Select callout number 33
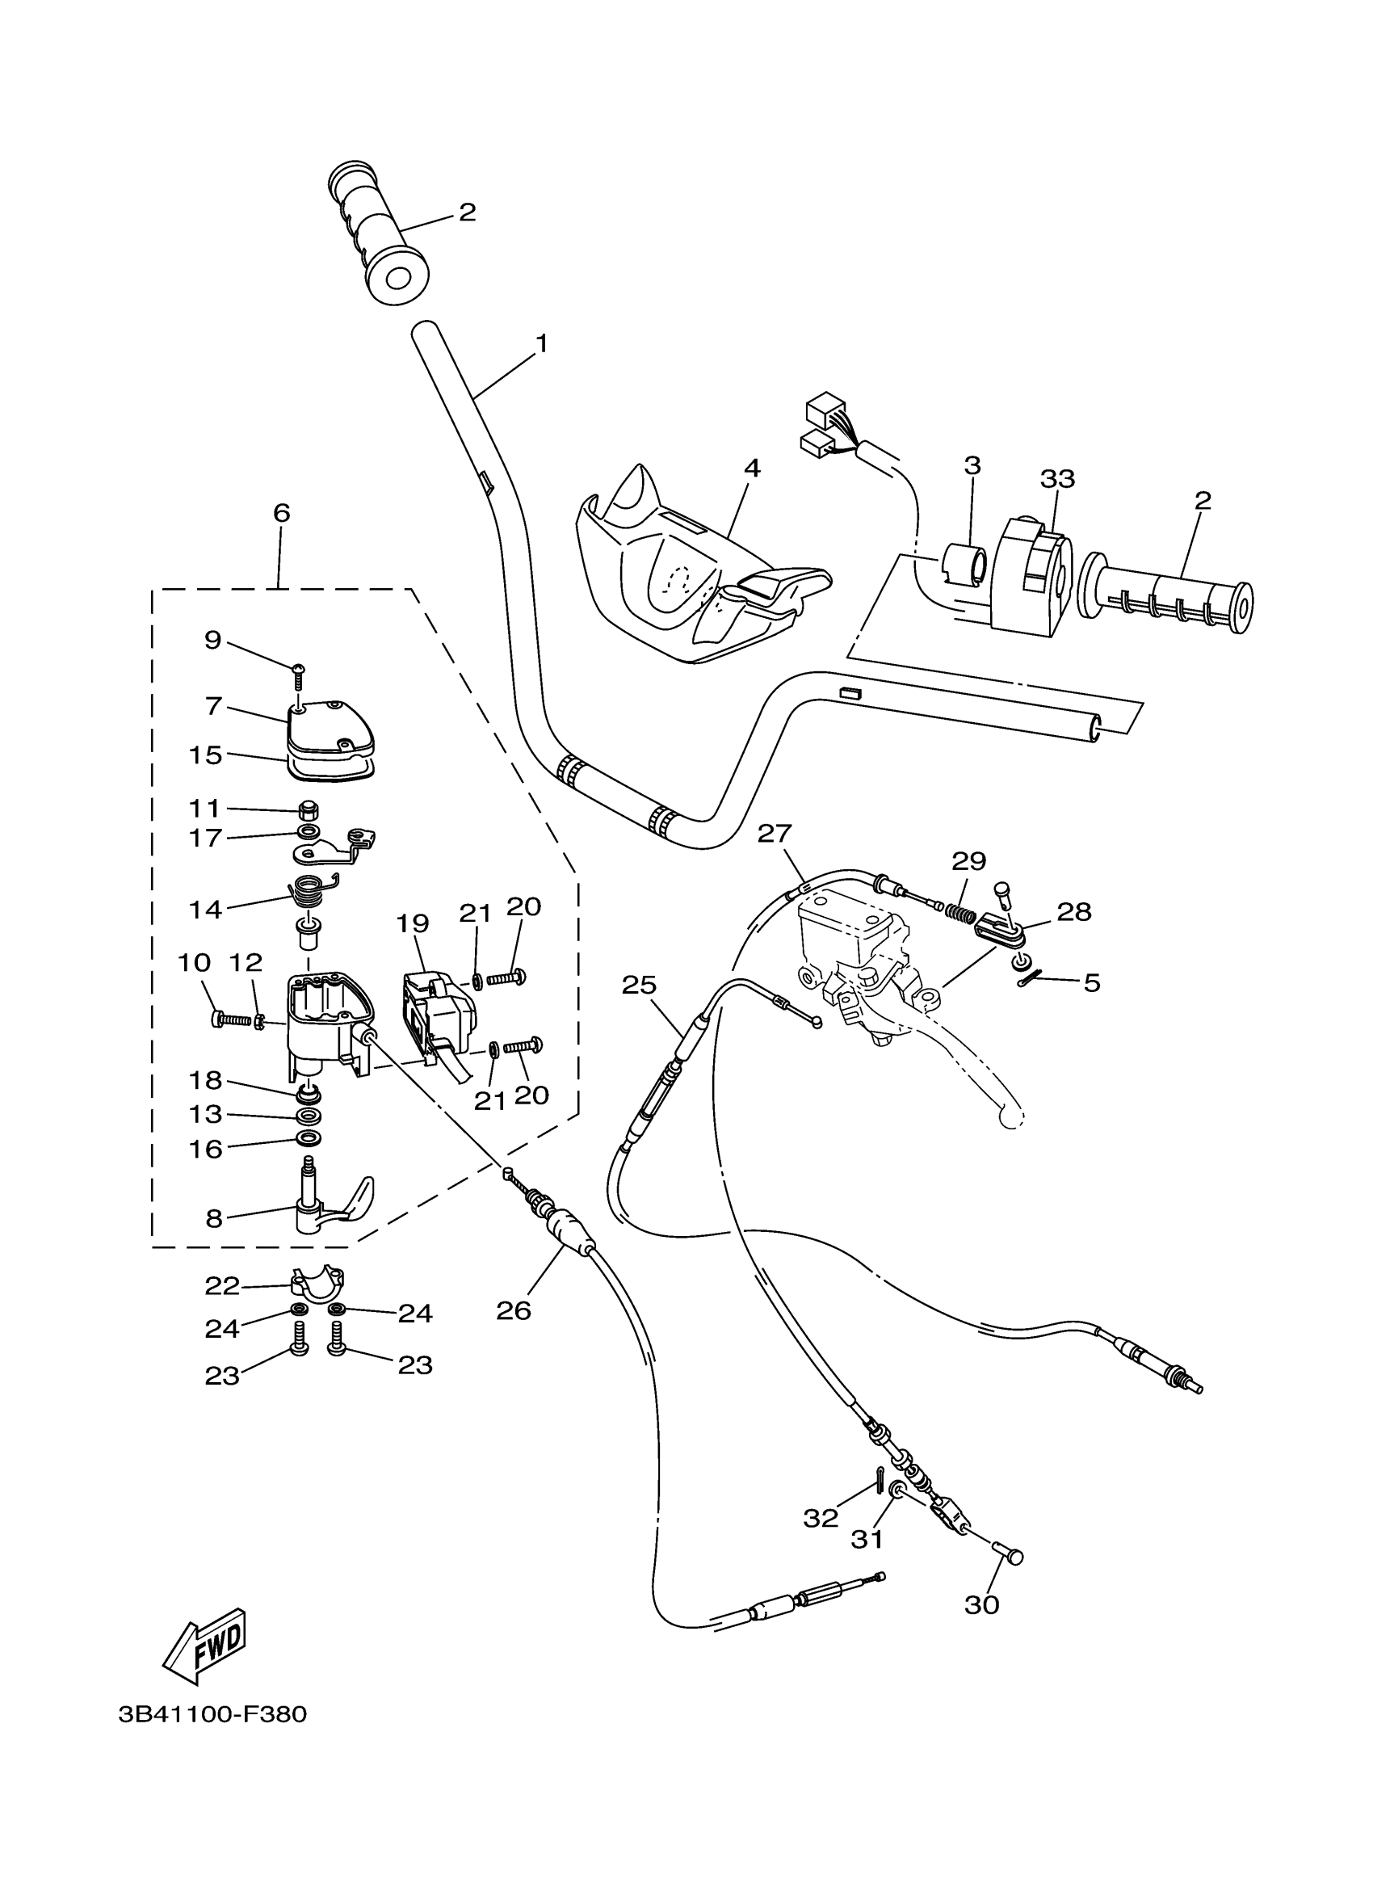[x=1057, y=479]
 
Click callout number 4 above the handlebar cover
[x=752, y=469]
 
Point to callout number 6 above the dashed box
[x=282, y=512]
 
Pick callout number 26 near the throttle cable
[x=513, y=1311]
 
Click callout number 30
[x=982, y=1604]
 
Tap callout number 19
[x=413, y=923]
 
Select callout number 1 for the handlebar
[x=541, y=343]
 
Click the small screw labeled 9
[x=298, y=676]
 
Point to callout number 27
[x=774, y=834]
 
